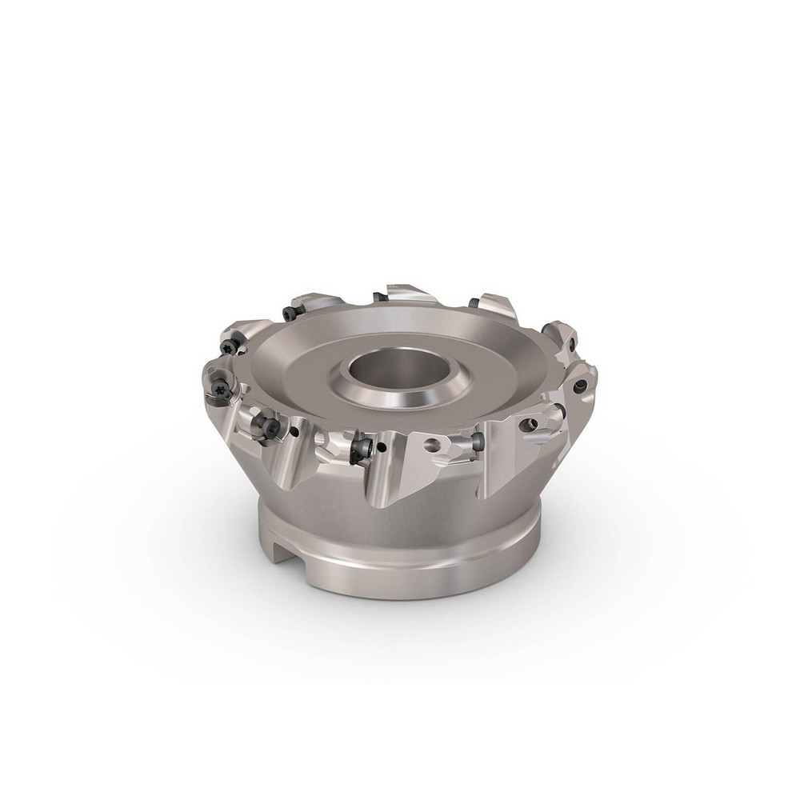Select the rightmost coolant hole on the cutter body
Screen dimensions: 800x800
(x=580, y=386)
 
